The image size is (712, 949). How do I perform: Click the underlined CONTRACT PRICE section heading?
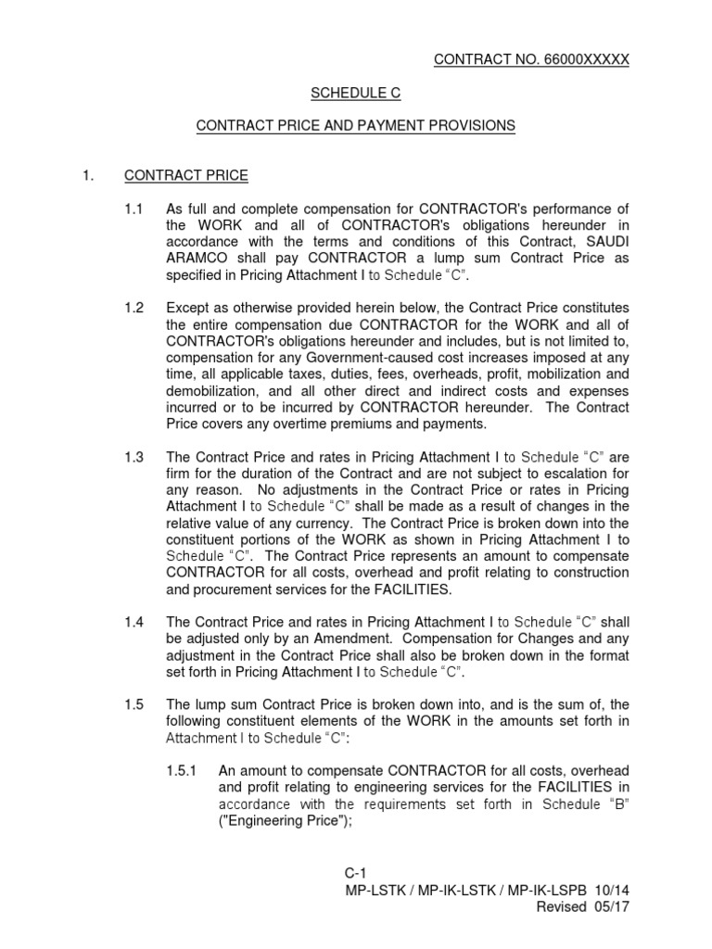click(x=186, y=175)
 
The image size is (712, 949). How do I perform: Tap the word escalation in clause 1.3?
click(x=573, y=474)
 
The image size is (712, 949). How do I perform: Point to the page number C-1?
click(x=356, y=874)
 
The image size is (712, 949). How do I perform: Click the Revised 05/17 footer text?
click(x=583, y=907)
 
